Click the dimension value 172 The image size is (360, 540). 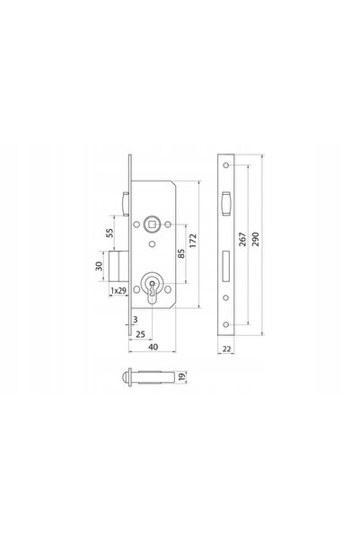pos(193,241)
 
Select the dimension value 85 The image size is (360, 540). pos(181,253)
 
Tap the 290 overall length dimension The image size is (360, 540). pos(255,239)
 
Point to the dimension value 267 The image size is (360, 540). pos(242,239)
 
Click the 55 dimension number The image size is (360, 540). pos(110,233)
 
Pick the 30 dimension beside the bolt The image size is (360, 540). pos(99,266)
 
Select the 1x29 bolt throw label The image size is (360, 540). pos(118,290)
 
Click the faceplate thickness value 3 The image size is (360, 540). pos(136,320)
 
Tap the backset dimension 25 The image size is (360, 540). pos(140,334)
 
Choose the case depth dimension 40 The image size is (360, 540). pos(154,347)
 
